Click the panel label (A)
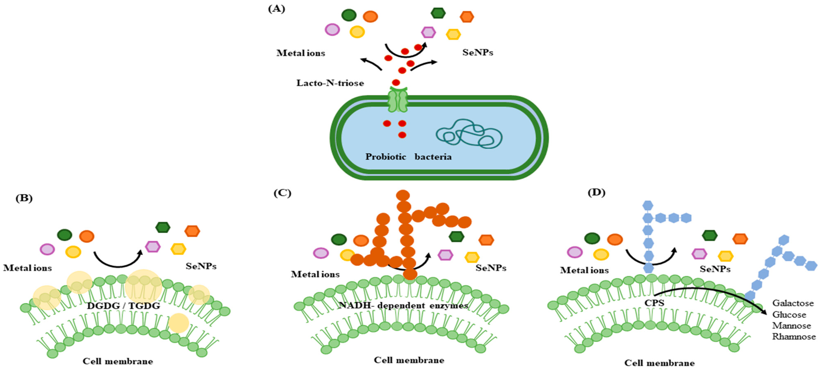click(x=276, y=9)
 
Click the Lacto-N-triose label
click(x=330, y=83)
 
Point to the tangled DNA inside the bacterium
click(x=469, y=134)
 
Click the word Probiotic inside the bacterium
click(x=386, y=157)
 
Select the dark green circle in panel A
click(x=349, y=15)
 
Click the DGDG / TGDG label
click(x=123, y=306)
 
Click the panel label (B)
click(x=24, y=198)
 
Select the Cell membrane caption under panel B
click(x=118, y=361)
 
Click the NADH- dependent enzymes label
click(x=403, y=305)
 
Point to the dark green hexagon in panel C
click(x=456, y=236)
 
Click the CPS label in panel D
click(x=654, y=303)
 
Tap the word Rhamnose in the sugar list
click(x=794, y=336)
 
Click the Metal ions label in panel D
click(x=584, y=270)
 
